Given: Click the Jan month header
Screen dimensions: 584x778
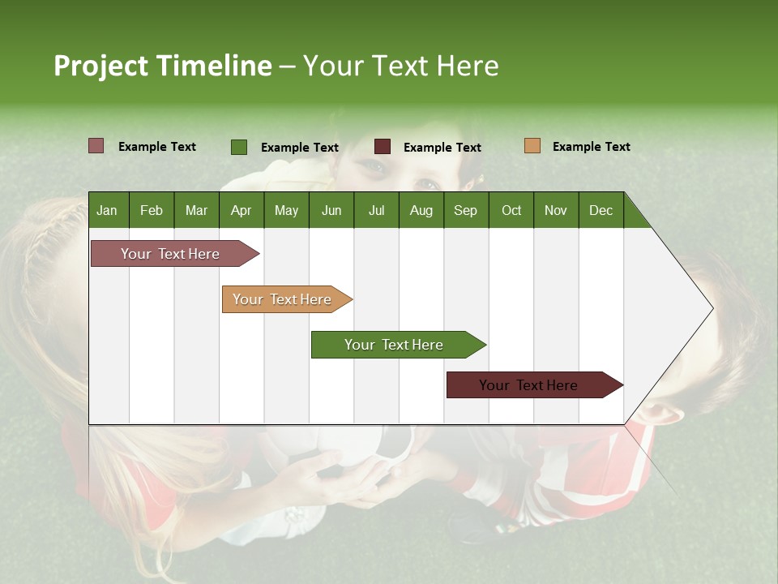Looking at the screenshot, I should point(108,210).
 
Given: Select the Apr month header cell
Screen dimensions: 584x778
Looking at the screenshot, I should point(241,210).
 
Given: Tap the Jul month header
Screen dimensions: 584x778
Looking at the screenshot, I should point(376,210).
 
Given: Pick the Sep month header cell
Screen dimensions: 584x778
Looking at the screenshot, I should point(465,210).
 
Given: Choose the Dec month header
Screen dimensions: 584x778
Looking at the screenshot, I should point(601,210).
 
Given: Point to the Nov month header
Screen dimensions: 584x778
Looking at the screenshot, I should point(555,210).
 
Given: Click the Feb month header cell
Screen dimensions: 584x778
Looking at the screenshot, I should point(152,210).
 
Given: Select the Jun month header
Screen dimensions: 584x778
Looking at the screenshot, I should point(331,210).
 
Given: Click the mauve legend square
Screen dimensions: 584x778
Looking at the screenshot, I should point(96,146).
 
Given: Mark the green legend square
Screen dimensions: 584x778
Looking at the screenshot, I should point(238,147).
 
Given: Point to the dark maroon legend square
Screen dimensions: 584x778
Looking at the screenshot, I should point(382,147).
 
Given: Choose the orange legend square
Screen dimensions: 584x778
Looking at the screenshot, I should point(532,146).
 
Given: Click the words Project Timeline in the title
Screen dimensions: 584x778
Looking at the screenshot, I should point(162,66).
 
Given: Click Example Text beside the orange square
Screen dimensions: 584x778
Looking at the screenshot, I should point(591,147).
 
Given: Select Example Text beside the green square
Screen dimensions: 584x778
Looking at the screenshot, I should point(299,148).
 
